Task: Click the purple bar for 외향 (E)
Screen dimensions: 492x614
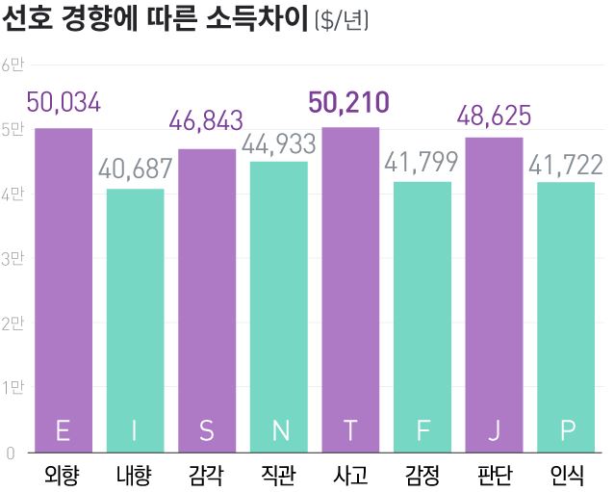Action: pos(64,289)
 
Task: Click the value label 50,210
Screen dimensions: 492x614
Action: pos(348,102)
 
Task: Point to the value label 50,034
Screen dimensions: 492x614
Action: pos(64,103)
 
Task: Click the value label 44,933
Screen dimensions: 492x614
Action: pos(279,143)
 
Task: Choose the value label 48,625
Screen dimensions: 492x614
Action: pos(494,117)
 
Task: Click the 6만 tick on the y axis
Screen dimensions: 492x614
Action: pos(14,65)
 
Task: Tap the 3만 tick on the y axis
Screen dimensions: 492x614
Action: pos(14,258)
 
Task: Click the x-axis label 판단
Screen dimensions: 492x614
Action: pos(494,475)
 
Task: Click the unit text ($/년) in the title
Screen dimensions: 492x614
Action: pos(342,20)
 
